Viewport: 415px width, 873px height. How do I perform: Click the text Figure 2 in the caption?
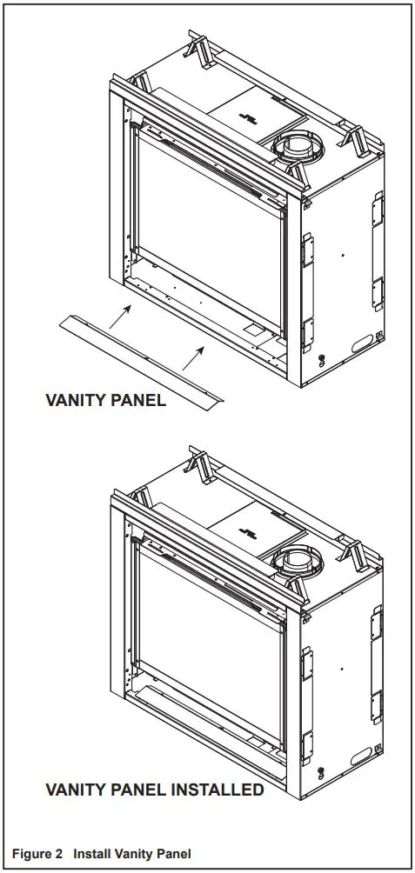(x=37, y=854)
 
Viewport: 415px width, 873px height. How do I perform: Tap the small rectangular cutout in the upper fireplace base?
(x=253, y=330)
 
